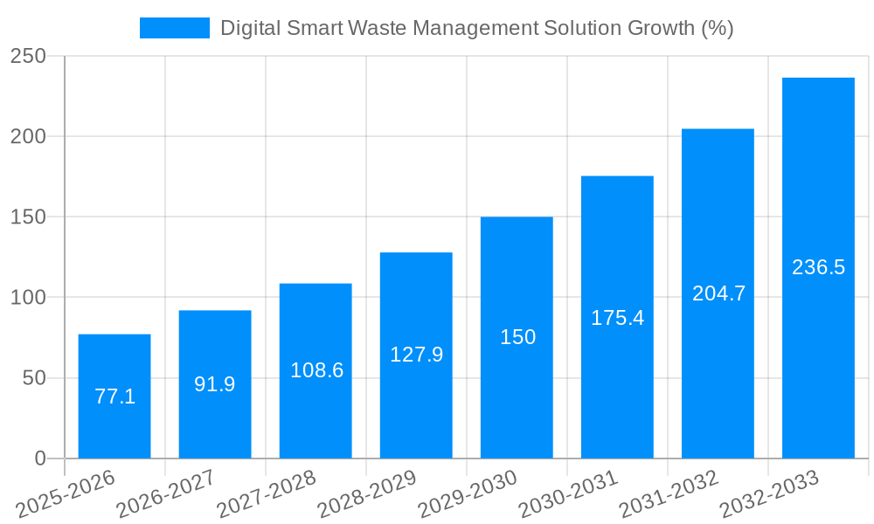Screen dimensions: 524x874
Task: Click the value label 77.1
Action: pyautogui.click(x=114, y=396)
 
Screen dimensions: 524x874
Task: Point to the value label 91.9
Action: pyautogui.click(x=215, y=384)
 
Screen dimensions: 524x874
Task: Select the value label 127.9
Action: pyautogui.click(x=416, y=355)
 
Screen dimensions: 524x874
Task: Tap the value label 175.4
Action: pyautogui.click(x=617, y=318)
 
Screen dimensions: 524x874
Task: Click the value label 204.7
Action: pyautogui.click(x=718, y=293)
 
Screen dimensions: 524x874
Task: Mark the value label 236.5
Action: pyautogui.click(x=818, y=267)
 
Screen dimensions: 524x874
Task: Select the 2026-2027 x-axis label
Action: pyautogui.click(x=166, y=493)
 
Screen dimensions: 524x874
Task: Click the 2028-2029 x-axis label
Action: pyautogui.click(x=367, y=493)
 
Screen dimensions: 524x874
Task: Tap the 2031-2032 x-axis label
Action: pyautogui.click(x=669, y=493)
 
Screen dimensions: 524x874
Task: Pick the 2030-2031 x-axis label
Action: pyautogui.click(x=568, y=493)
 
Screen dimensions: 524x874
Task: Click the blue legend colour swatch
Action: pyautogui.click(x=175, y=28)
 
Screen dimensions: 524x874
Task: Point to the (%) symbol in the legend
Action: pyautogui.click(x=717, y=28)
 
